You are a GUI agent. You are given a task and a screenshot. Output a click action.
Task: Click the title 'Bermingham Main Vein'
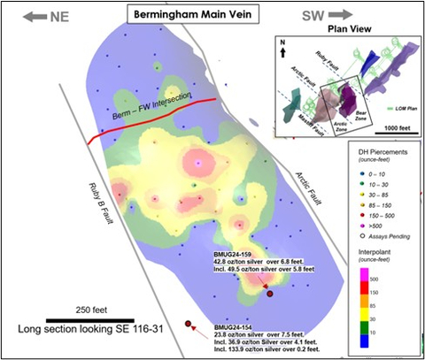click(x=186, y=15)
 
